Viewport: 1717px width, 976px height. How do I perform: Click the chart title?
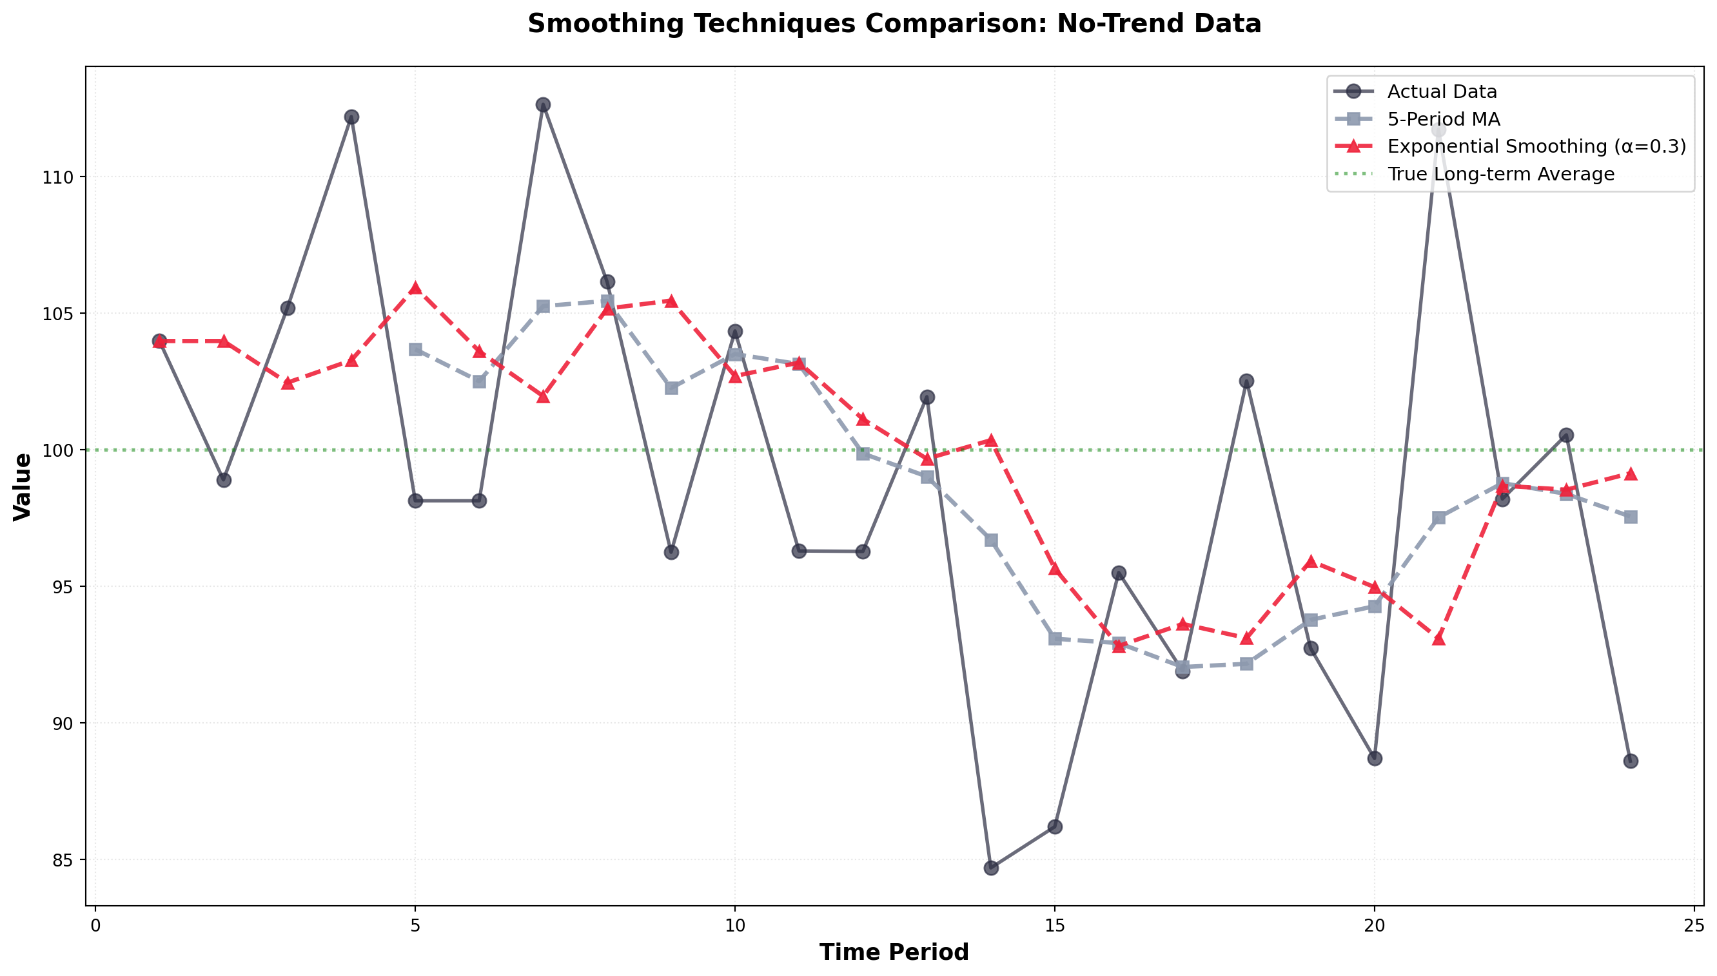coord(894,24)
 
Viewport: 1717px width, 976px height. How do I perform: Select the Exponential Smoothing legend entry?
coord(1536,147)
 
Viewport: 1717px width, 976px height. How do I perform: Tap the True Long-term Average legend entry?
coord(1501,175)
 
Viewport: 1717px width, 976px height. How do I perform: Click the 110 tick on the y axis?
coord(64,178)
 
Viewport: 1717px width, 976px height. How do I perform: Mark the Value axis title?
coord(23,486)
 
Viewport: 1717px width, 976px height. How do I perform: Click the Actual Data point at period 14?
coord(991,868)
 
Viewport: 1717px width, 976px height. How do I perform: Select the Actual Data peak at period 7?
coord(544,104)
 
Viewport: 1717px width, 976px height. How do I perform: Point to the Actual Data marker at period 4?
coord(351,117)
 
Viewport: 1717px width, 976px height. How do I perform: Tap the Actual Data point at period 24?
coord(1631,761)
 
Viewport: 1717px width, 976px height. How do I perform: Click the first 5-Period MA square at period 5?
coord(415,350)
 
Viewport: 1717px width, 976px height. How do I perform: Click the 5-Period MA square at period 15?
coord(1055,639)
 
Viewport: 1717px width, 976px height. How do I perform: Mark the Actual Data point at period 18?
coord(1246,381)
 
